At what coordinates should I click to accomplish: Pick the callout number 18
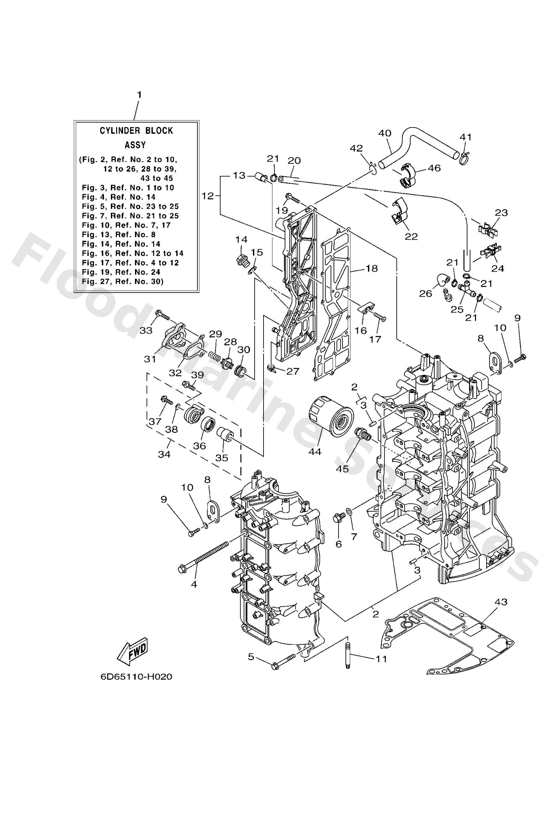pos(371,268)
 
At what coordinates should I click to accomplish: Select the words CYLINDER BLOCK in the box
pos(136,131)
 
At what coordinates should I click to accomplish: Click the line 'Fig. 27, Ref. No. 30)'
pos(122,281)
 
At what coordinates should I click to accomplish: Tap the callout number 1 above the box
pos(139,95)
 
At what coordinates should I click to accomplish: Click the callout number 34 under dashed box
pos(164,454)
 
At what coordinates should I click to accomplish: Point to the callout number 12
pos(208,196)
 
